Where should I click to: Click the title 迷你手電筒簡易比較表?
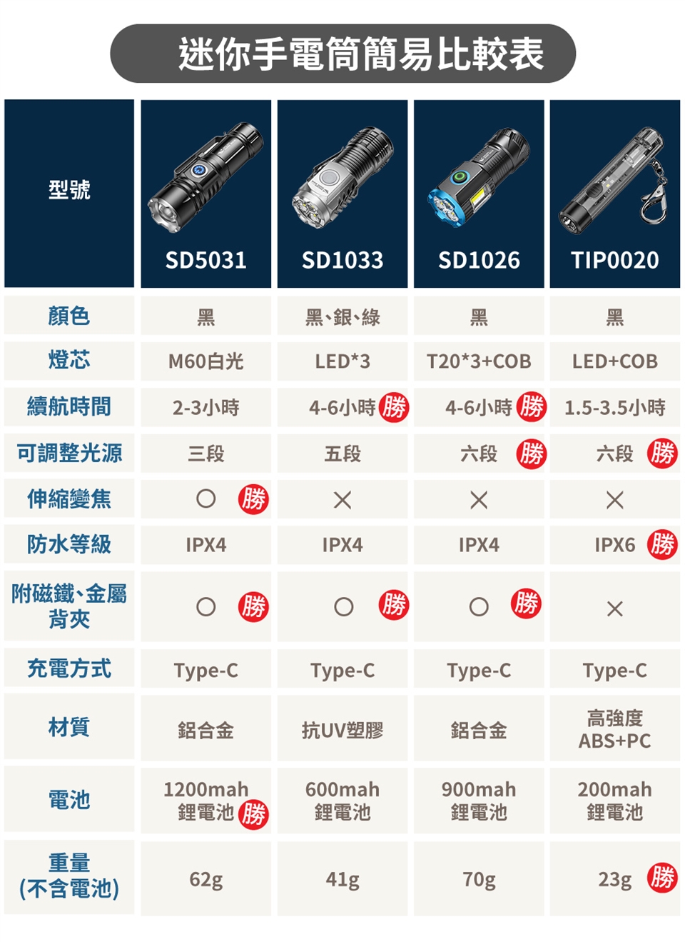coord(362,54)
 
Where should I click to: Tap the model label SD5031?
coord(205,260)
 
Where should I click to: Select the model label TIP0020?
coord(615,260)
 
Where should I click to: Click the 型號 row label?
coord(69,189)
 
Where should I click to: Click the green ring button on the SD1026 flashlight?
coord(460,176)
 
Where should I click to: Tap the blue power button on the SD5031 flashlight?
coord(198,170)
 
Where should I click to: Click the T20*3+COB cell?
coord(479,361)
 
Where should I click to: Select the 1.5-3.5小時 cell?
coord(615,408)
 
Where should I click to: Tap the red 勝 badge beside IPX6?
coord(662,545)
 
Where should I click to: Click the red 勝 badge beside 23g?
coord(662,877)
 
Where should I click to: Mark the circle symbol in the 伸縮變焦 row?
coord(206,499)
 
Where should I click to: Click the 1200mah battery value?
coord(206,789)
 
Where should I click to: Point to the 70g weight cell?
coord(479,879)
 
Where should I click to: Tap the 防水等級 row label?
coord(69,544)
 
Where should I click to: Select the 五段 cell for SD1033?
coord(342,454)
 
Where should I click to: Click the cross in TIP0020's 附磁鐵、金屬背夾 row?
coord(615,608)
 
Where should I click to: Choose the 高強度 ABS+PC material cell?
coord(615,730)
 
